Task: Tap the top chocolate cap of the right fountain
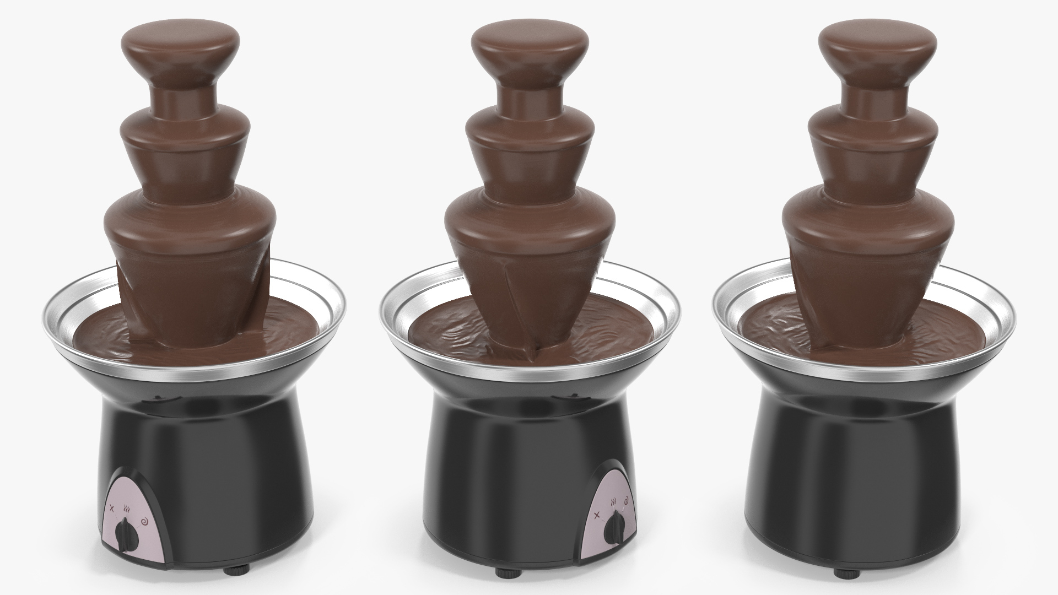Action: coord(877,47)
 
